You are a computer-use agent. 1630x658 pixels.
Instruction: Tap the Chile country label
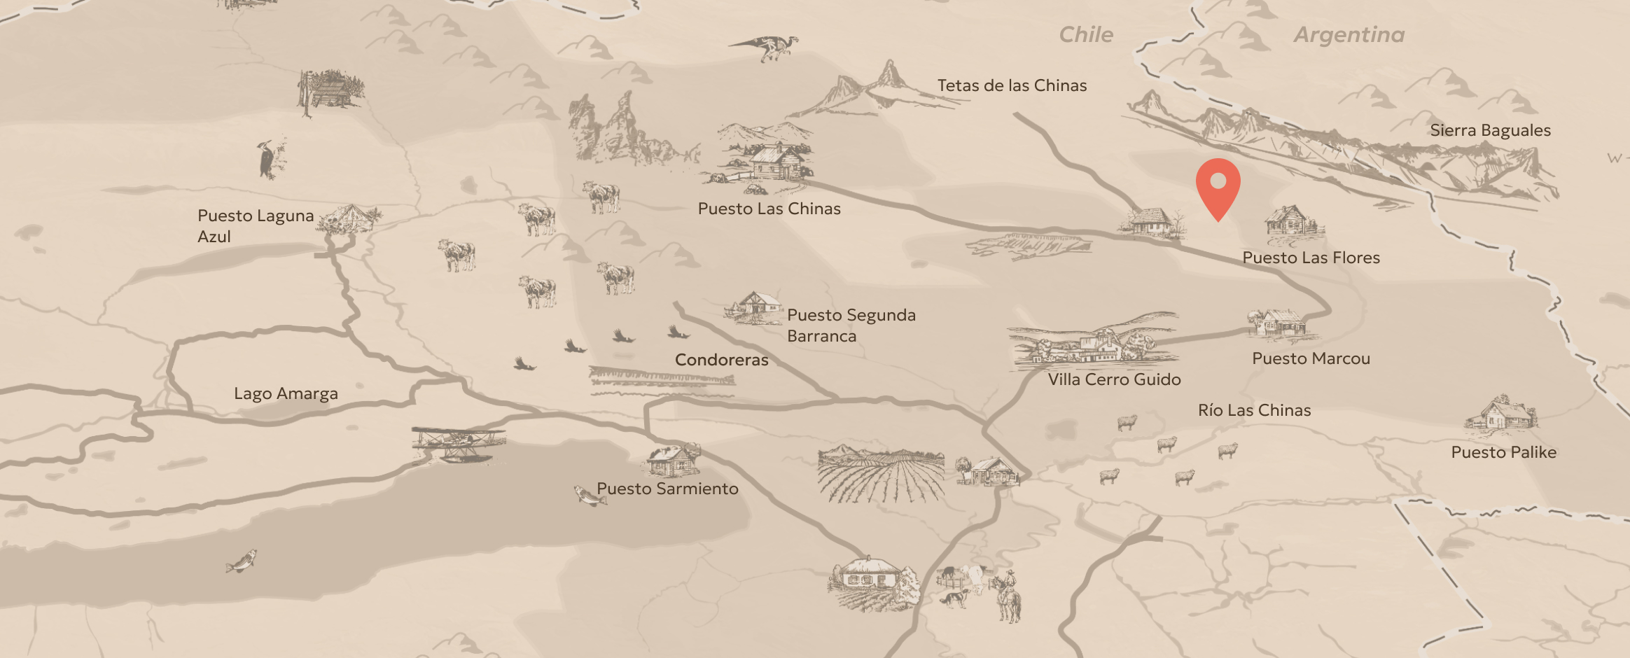(1085, 35)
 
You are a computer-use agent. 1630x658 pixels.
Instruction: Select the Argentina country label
(1349, 35)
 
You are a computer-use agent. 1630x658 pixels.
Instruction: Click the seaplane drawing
(459, 443)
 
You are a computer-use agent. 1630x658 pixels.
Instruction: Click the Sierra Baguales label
(1490, 130)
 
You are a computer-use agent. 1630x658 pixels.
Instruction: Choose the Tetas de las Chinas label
(1012, 85)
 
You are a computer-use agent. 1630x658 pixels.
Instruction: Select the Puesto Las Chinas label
(769, 209)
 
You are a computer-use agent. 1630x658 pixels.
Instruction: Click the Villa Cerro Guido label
(1114, 379)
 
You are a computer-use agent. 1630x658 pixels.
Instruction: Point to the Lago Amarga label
(286, 393)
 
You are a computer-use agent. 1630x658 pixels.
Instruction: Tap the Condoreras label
(721, 360)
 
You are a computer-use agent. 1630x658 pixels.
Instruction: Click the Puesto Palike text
(1503, 452)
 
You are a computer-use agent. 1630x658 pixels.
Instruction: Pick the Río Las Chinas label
(1254, 410)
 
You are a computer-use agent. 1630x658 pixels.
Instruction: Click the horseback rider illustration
(1008, 596)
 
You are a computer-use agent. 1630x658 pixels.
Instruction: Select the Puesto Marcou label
(1311, 358)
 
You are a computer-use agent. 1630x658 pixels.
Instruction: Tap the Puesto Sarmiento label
(667, 489)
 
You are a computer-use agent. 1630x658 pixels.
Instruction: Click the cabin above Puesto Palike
(1501, 414)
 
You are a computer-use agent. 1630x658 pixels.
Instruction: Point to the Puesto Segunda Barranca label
(851, 325)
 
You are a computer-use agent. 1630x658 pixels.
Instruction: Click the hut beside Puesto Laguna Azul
(350, 218)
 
